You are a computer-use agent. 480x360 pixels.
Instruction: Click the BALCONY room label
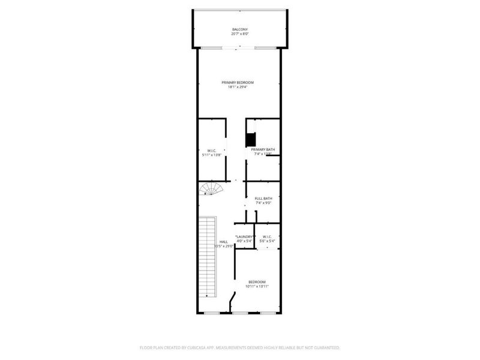click(x=239, y=29)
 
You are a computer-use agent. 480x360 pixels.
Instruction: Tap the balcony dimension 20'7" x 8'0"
click(x=239, y=34)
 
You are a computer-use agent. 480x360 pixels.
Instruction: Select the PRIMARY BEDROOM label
click(x=238, y=82)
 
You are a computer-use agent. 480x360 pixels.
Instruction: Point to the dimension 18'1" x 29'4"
click(x=238, y=87)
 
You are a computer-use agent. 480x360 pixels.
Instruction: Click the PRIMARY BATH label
click(x=263, y=149)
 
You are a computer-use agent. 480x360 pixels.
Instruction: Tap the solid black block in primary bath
click(x=250, y=139)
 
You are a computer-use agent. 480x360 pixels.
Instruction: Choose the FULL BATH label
click(x=263, y=199)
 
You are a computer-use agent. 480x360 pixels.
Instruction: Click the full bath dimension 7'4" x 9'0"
click(x=263, y=203)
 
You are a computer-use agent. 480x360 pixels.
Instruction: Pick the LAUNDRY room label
click(x=244, y=236)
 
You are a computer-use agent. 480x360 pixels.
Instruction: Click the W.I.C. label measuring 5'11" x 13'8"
click(x=211, y=150)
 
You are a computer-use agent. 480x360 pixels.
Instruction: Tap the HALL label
click(x=223, y=242)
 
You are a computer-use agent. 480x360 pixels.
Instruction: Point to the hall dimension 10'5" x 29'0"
click(x=223, y=247)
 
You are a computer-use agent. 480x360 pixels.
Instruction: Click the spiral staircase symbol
click(x=210, y=190)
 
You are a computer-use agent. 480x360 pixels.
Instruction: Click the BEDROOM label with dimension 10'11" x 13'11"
click(x=256, y=282)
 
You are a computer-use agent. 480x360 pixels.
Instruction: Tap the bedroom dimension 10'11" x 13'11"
click(x=256, y=287)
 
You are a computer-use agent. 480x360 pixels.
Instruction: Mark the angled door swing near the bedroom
click(x=232, y=300)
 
